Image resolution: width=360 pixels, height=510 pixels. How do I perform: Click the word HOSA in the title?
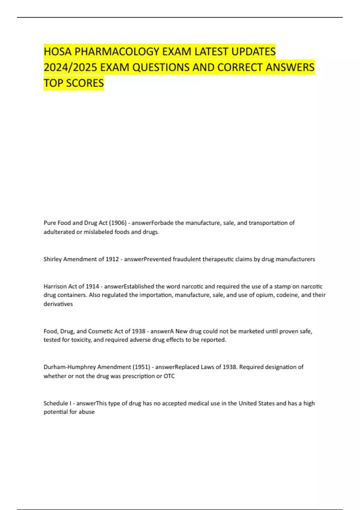pyautogui.click(x=58, y=52)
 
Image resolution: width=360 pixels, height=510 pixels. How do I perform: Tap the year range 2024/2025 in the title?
pyautogui.click(x=70, y=67)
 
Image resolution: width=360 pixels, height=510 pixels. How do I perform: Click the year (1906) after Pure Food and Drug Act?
pyautogui.click(x=118, y=223)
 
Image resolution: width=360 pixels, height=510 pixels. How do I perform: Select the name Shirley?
pyautogui.click(x=52, y=259)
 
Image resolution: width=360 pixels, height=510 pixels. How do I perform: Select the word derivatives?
pyautogui.click(x=58, y=304)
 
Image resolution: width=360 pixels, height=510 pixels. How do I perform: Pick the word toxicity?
pyautogui.click(x=81, y=340)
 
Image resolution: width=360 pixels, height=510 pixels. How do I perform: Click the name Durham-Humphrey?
pyautogui.click(x=70, y=367)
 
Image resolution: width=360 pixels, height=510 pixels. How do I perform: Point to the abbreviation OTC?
pyautogui.click(x=169, y=376)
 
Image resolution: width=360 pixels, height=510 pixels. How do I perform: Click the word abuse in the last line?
pyautogui.click(x=87, y=412)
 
